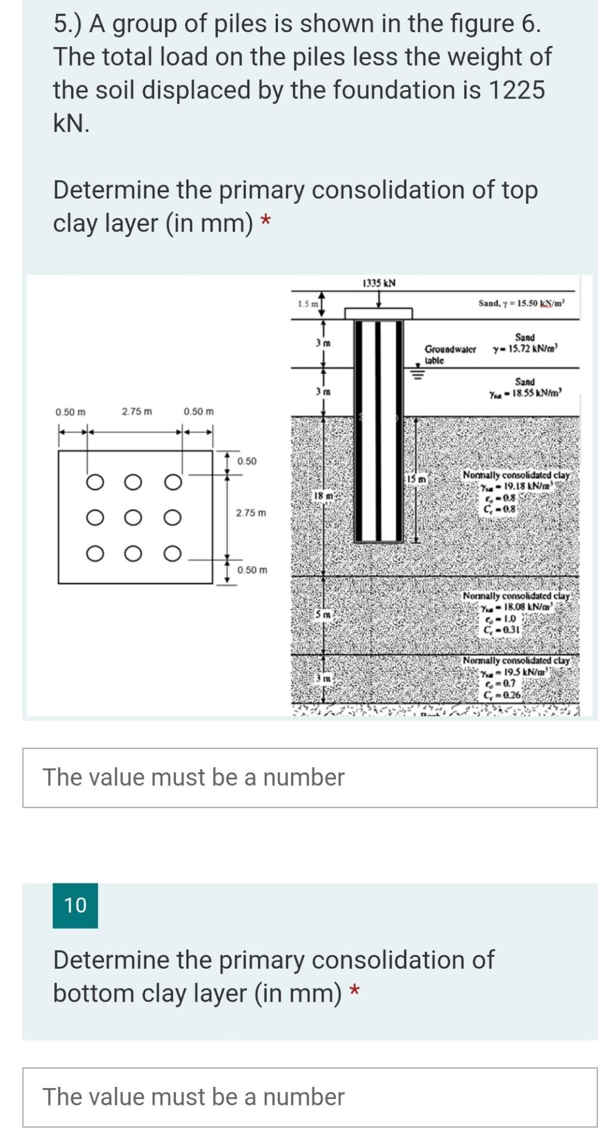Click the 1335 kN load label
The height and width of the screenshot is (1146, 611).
379,283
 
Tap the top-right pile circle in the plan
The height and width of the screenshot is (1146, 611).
172,482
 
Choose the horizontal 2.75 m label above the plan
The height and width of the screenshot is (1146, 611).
137,412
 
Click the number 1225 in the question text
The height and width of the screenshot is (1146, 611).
516,90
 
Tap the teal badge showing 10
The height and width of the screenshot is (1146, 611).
75,905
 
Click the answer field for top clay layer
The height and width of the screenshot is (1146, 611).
310,778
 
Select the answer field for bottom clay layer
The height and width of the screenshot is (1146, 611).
310,1097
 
